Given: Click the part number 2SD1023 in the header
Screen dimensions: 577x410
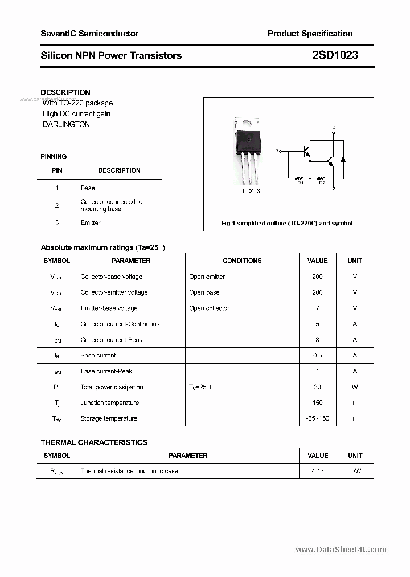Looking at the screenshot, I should pos(335,55).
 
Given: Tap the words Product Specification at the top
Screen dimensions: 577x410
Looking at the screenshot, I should pos(310,34).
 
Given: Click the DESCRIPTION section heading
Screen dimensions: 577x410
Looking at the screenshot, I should pos(65,92).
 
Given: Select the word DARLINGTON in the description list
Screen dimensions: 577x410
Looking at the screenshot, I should pos(66,124).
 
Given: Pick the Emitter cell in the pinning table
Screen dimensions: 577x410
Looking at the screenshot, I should pos(91,222).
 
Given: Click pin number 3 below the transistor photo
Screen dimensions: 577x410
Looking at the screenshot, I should pos(258,191).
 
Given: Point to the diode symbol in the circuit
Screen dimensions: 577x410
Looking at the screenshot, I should pos(342,159).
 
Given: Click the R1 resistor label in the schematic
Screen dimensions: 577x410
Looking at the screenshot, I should pos(300,182).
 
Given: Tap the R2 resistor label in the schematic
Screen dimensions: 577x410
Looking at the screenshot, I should pos(322,182).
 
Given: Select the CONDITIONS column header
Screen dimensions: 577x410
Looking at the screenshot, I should pos(242,261).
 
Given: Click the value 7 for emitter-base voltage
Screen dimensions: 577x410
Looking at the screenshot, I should pos(317,308).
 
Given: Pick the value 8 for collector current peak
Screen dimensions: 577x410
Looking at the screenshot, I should pos(317,340).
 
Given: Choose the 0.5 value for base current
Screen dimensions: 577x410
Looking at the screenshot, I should pos(317,355).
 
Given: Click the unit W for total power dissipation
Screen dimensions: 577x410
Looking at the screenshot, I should pos(355,387).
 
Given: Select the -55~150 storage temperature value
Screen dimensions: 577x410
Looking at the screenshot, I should pos(317,418).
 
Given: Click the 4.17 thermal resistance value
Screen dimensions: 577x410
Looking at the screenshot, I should pos(317,471).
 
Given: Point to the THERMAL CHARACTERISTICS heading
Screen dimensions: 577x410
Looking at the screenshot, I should pos(94,442).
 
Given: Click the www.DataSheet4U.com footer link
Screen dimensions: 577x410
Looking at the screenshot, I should pos(341,550).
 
